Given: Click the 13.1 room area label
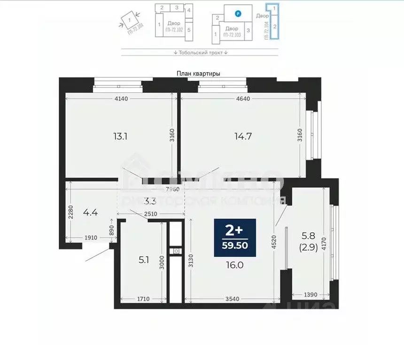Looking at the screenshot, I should click(120, 137).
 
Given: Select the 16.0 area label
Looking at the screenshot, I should click(234, 265).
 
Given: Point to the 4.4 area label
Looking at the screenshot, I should click(90, 212).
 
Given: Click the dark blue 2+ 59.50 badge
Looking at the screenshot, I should click(235, 237).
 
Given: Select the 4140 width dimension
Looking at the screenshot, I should click(121, 99).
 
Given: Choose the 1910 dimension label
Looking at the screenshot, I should click(91, 238).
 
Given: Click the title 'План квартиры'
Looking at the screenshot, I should click(198, 74).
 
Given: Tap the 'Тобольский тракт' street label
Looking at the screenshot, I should click(200, 53).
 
